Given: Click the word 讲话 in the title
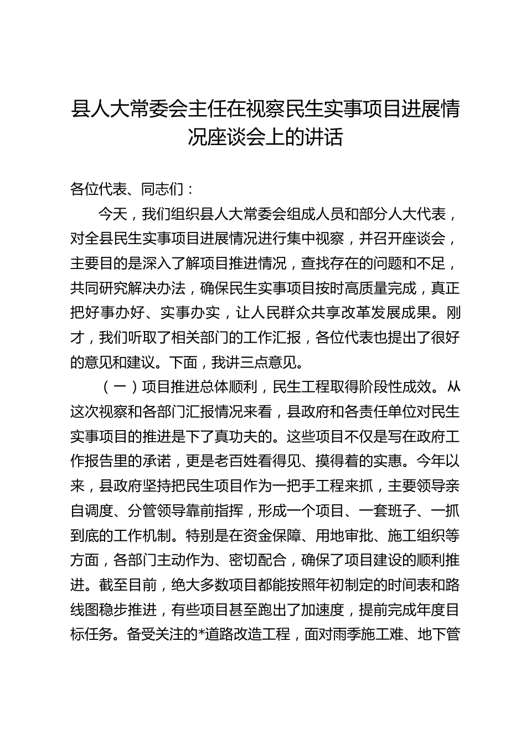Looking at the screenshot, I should click(323, 137).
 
